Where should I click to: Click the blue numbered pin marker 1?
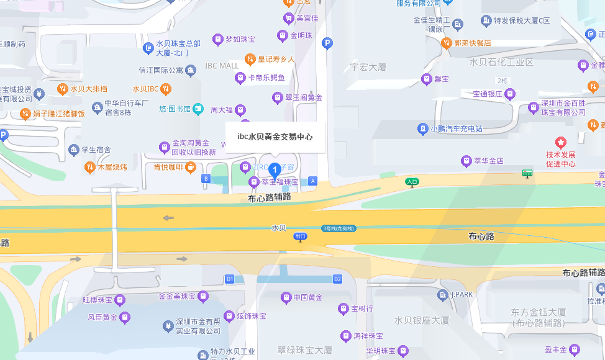[274, 169]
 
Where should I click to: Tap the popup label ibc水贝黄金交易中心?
[275, 137]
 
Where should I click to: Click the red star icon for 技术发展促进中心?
[561, 143]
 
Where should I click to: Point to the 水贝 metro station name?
[279, 228]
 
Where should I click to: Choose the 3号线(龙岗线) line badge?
[338, 228]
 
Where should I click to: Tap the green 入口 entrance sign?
[412, 182]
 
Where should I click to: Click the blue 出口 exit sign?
[301, 236]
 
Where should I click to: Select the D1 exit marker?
[229, 279]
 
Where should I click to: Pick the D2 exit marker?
[338, 279]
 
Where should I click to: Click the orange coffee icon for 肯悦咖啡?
[190, 166]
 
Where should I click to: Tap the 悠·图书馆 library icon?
[198, 109]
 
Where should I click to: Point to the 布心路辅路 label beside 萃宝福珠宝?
[269, 198]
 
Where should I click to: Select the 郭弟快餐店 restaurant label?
[472, 43]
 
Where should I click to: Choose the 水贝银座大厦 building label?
[421, 320]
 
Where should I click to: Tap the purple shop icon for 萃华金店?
[466, 161]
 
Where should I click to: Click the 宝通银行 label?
[487, 94]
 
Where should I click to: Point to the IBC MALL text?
[222, 66]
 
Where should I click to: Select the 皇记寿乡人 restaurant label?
[276, 60]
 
